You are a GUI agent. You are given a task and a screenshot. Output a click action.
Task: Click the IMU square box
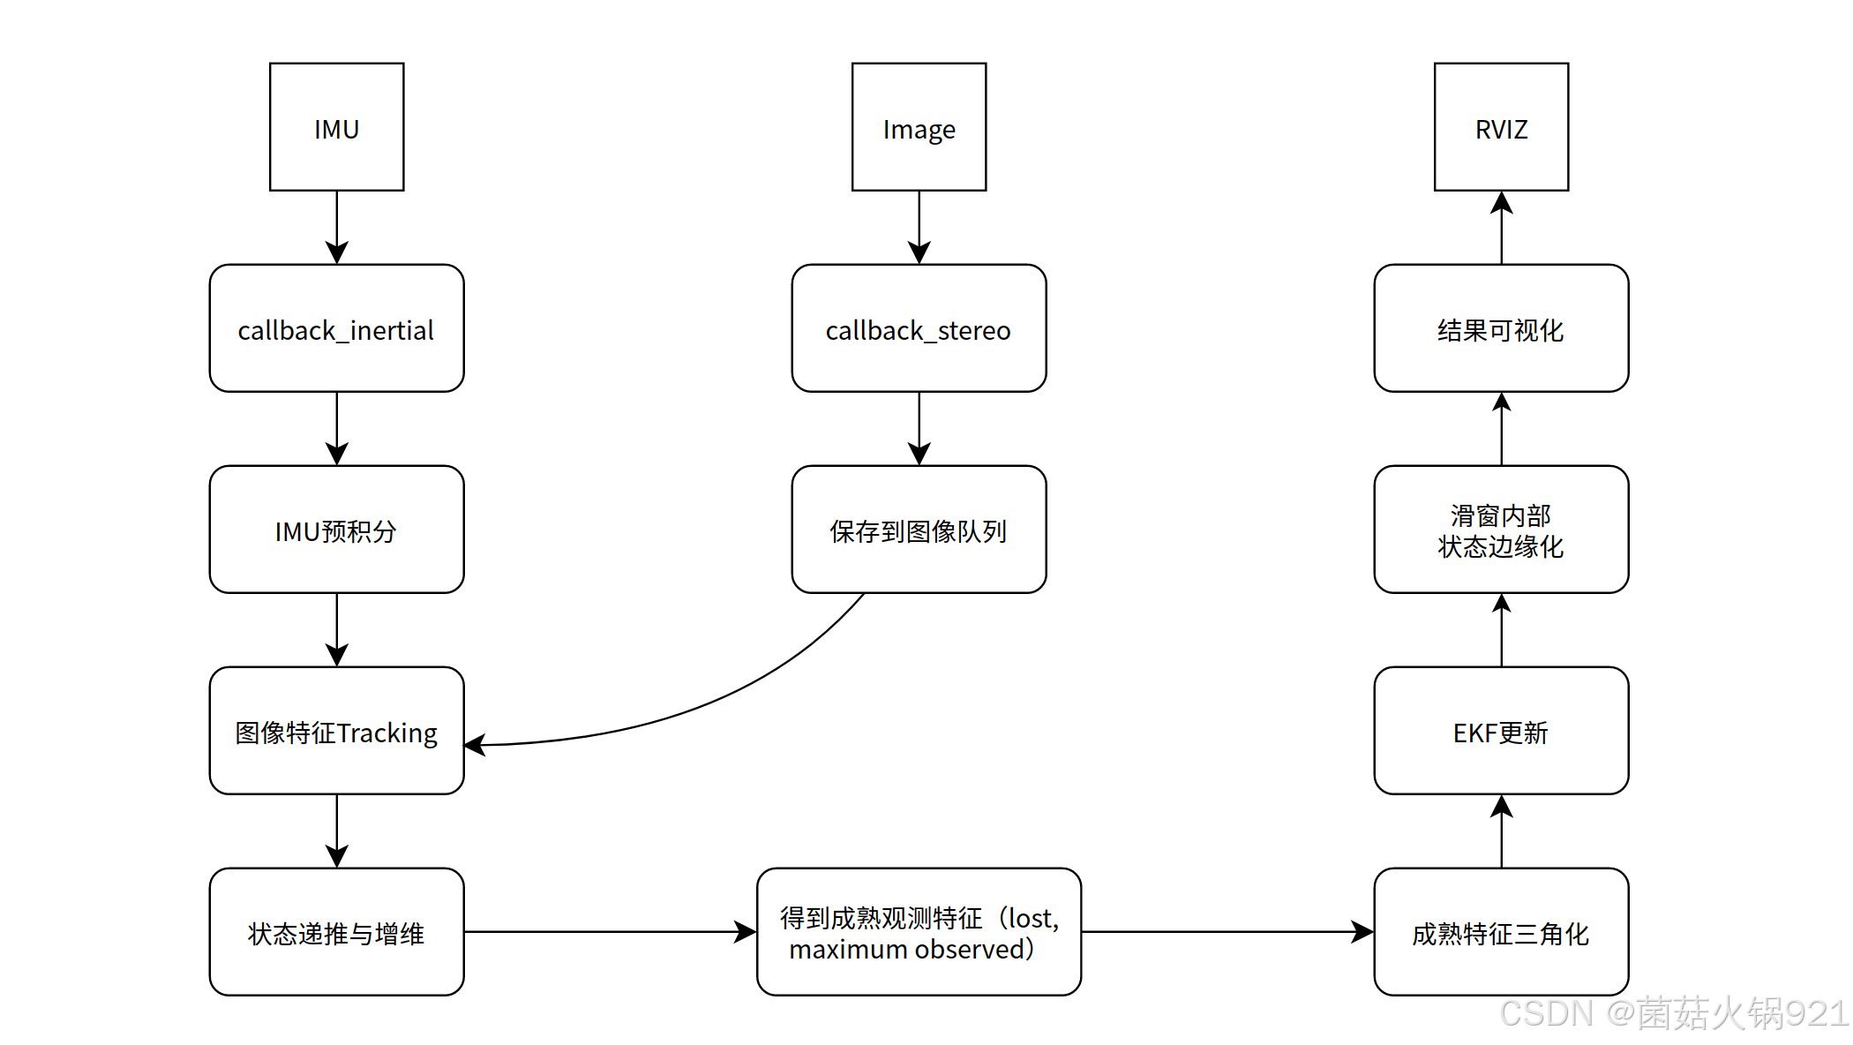click(x=336, y=127)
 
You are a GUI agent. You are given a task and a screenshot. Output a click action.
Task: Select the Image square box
click(x=919, y=127)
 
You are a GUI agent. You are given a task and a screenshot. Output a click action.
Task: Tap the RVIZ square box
click(x=1501, y=127)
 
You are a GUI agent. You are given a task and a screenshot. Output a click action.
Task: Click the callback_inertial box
click(x=336, y=328)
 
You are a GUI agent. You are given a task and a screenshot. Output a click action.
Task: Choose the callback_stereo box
click(x=919, y=328)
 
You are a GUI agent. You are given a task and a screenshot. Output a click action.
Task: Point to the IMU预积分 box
click(x=336, y=530)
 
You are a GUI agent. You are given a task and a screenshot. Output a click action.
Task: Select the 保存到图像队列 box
click(x=919, y=530)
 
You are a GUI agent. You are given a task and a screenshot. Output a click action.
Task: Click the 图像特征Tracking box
click(x=336, y=731)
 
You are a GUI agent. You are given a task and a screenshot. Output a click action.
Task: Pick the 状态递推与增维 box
click(x=336, y=932)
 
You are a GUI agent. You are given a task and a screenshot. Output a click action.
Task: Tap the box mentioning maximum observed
click(x=919, y=932)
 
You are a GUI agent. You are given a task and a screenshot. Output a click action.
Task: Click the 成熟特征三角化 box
click(x=1501, y=932)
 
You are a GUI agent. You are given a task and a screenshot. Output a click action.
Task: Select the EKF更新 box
click(x=1501, y=731)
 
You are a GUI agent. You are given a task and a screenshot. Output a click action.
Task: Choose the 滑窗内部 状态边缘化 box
click(x=1501, y=530)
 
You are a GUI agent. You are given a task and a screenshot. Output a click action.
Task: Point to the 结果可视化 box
click(x=1501, y=328)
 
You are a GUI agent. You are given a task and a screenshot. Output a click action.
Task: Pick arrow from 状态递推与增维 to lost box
click(x=609, y=932)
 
